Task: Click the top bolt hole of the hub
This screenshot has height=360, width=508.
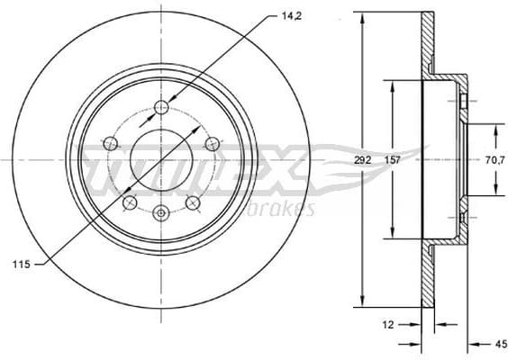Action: coord(161,108)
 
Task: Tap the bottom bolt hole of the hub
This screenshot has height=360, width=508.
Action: coord(161,213)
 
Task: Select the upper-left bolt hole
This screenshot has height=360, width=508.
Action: coord(111,142)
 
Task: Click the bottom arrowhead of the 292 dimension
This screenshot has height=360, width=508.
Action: coord(363,303)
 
